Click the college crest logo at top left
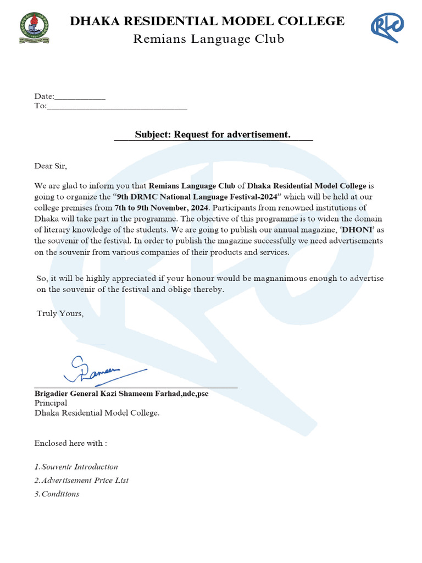pyautogui.click(x=34, y=28)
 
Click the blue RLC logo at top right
pyautogui.click(x=386, y=27)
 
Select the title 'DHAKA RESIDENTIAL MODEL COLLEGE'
pyautogui.click(x=207, y=21)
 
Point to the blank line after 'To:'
pyautogui.click(x=117, y=106)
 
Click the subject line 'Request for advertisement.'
pyautogui.click(x=213, y=135)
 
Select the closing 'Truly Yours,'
pyautogui.click(x=60, y=313)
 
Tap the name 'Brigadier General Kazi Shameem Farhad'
pyautogui.click(x=103, y=394)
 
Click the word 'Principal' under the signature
pyautogui.click(x=51, y=403)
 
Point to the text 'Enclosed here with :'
pyautogui.click(x=70, y=443)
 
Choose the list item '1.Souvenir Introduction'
pyautogui.click(x=76, y=467)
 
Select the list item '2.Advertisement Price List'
pyautogui.click(x=81, y=480)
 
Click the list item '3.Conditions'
pyautogui.click(x=57, y=494)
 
